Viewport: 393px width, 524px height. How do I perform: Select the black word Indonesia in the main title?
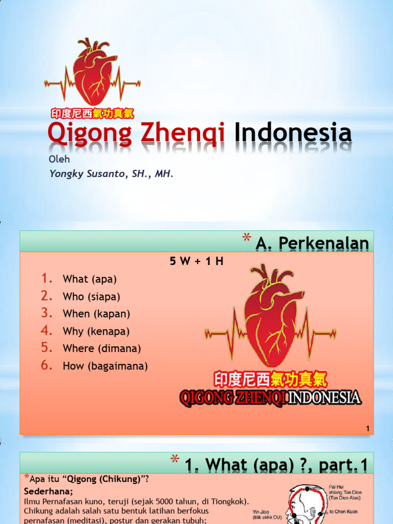click(x=293, y=133)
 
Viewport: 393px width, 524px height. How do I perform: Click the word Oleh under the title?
click(x=59, y=159)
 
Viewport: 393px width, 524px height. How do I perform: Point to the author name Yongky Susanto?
click(x=85, y=173)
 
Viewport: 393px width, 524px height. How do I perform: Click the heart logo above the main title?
click(x=93, y=72)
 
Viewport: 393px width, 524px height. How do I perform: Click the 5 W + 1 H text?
click(x=196, y=261)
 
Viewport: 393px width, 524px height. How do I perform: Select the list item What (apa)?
click(x=90, y=279)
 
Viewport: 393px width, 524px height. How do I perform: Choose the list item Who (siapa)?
click(x=91, y=297)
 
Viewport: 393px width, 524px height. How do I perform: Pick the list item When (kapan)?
click(x=96, y=314)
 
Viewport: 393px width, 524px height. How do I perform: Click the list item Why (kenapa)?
click(x=96, y=331)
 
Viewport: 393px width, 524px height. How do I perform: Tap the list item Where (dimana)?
click(x=101, y=348)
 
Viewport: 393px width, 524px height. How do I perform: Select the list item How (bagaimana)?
click(x=105, y=366)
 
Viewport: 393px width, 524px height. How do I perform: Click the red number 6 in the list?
click(x=47, y=365)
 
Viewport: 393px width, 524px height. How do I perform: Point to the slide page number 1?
click(x=368, y=429)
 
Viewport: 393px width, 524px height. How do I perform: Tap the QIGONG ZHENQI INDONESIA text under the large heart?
click(x=270, y=398)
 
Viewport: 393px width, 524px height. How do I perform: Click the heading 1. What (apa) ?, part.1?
click(x=276, y=465)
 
